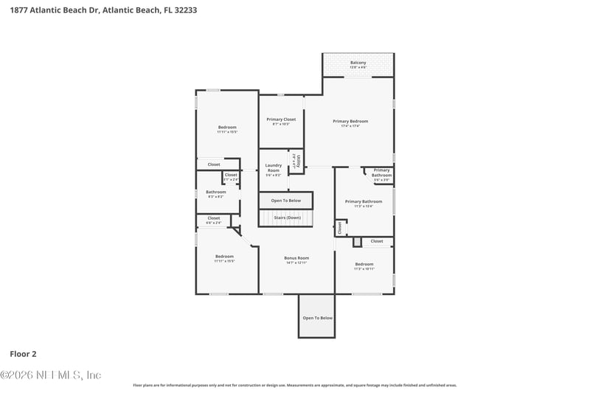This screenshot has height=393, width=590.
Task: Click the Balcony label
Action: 358,63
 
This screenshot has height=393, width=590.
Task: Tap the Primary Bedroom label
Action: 350,122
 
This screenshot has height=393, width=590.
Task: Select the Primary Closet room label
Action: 281,119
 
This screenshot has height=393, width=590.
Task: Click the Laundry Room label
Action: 273,169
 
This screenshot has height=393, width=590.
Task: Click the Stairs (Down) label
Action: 287,218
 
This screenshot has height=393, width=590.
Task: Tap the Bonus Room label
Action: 296,258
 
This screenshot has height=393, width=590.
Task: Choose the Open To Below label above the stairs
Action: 285,201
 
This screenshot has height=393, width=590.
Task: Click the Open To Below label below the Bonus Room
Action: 317,318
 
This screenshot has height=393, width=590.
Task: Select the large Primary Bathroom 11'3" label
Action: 364,202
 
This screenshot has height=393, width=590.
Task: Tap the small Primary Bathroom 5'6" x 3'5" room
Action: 381,173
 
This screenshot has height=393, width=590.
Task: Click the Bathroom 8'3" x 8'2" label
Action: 216,192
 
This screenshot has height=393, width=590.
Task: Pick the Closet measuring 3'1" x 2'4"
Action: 231,175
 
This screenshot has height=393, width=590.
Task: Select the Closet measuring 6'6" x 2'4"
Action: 213,219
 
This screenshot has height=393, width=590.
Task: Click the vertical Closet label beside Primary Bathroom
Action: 340,229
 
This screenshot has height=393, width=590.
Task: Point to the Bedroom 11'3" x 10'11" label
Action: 364,265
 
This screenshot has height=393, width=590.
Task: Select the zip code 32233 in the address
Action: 184,11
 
